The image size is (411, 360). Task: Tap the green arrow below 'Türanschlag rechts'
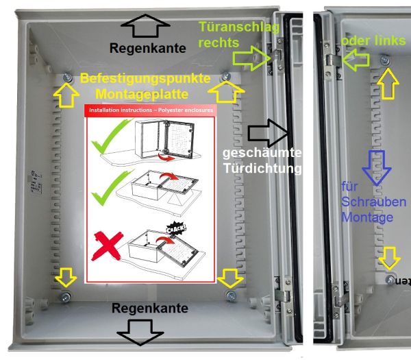pos(258,56)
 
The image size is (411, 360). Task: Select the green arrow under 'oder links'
pos(352,60)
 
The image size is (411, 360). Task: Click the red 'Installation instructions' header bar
pos(149,110)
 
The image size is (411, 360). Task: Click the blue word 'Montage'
pos(367,217)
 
